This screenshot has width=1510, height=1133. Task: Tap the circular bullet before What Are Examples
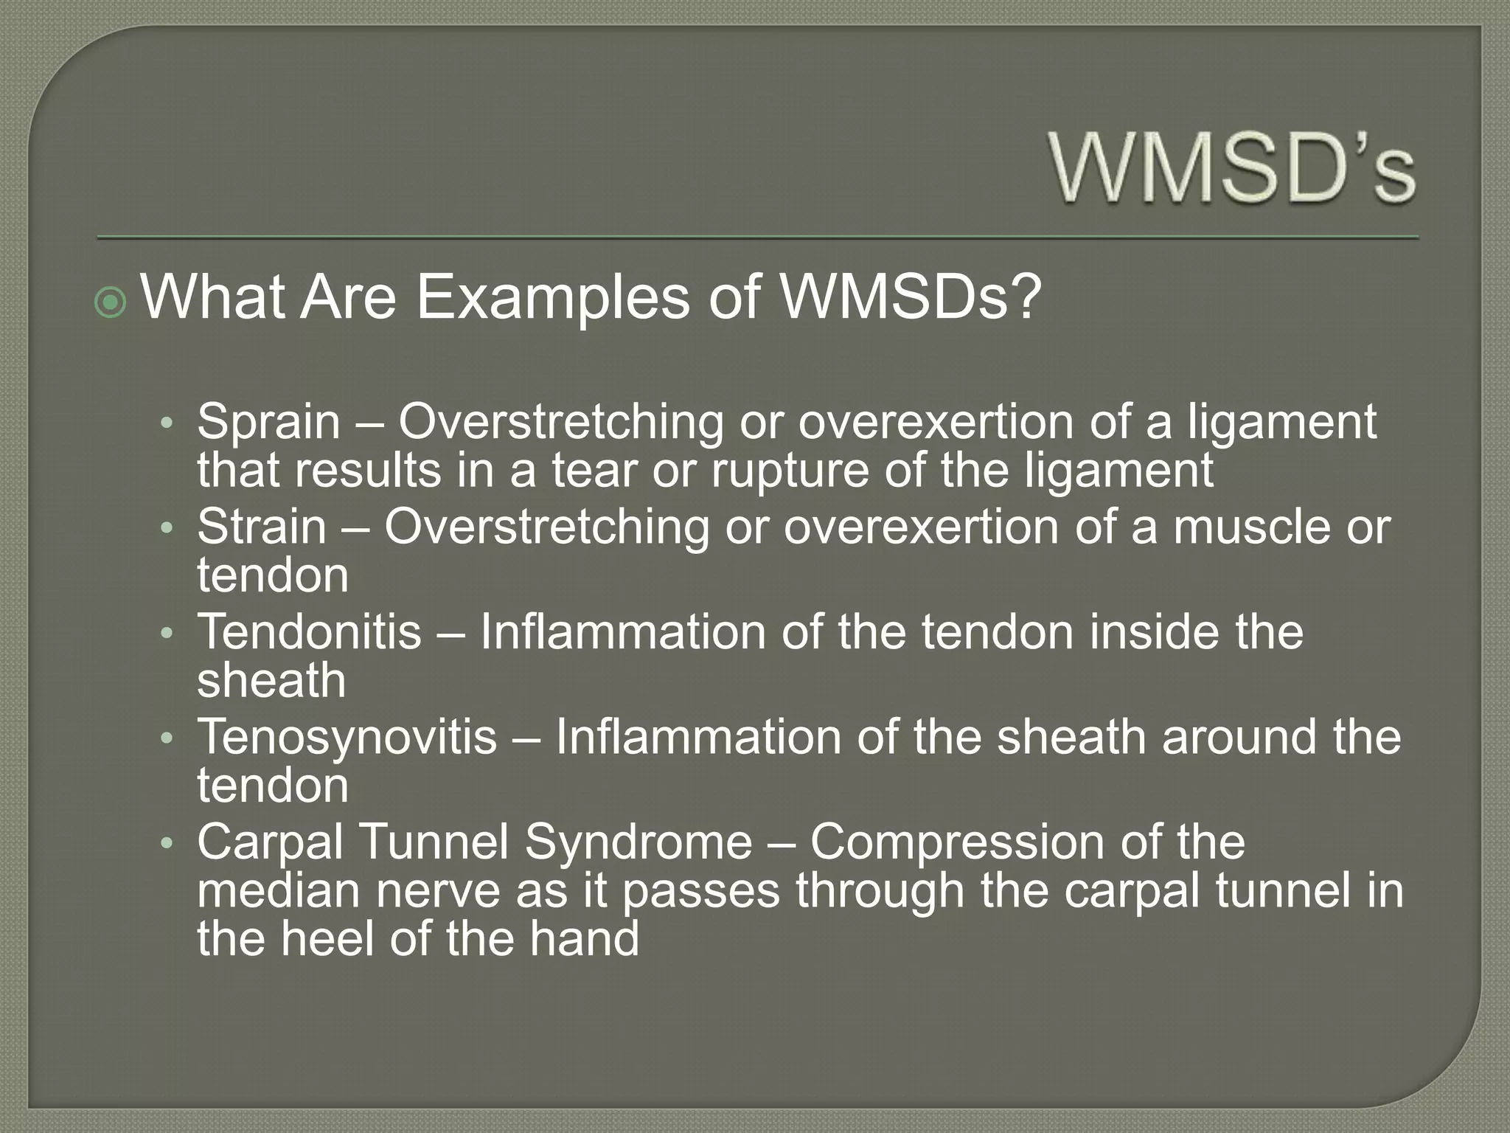click(x=111, y=302)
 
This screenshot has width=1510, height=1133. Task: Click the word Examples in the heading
click(x=553, y=298)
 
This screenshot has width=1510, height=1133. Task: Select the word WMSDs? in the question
click(x=911, y=298)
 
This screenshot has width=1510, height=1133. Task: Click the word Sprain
click(x=268, y=422)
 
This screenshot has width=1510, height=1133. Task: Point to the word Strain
click(x=261, y=527)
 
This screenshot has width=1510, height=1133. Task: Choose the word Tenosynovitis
click(x=347, y=737)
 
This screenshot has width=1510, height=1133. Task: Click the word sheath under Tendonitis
click(x=271, y=680)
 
